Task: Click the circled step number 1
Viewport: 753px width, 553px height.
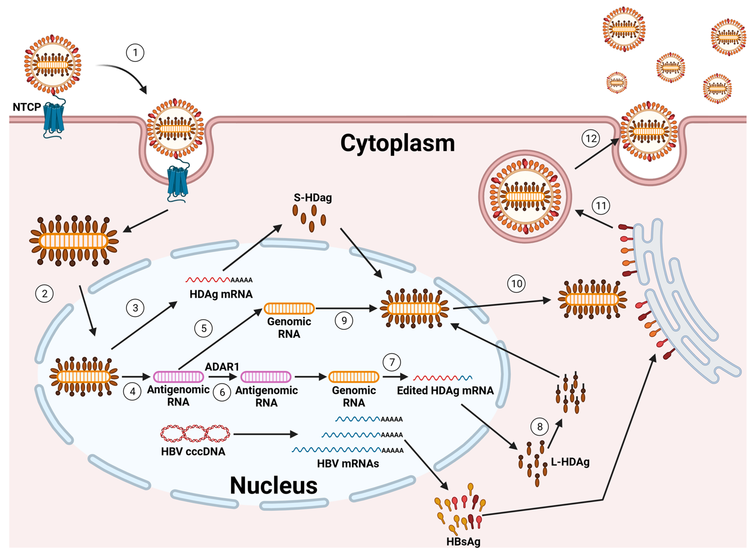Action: tap(135, 53)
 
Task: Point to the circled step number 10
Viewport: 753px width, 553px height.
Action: tap(516, 284)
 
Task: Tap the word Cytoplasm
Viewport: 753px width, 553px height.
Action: tap(397, 143)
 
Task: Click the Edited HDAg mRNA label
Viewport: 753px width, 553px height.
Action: tap(445, 390)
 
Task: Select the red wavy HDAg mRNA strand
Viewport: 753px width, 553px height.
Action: tap(207, 280)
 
